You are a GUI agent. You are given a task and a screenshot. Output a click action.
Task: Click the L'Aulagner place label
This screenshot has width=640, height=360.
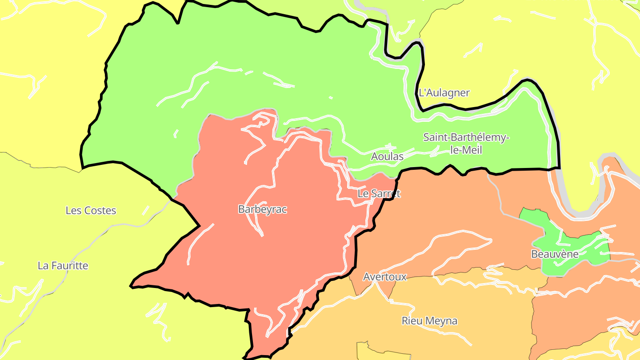tap(444, 93)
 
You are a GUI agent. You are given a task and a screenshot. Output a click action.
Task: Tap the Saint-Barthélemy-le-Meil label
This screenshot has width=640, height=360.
tap(466, 144)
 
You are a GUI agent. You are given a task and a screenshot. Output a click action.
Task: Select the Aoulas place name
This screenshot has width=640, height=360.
tap(387, 156)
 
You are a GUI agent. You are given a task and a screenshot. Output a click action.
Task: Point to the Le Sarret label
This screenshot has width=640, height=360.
tap(379, 194)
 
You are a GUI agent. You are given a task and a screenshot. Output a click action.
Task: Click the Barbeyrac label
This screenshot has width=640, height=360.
tap(262, 209)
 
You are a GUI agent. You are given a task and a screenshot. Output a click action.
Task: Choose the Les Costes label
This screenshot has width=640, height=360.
tap(91, 211)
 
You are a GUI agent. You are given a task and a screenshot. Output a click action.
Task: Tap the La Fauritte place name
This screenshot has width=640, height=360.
tap(63, 266)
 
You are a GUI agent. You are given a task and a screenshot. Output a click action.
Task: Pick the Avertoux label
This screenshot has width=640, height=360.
tap(384, 277)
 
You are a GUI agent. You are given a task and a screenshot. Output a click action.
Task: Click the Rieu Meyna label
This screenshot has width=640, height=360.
tap(429, 321)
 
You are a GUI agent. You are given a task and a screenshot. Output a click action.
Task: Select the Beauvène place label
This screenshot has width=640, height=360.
tap(555, 254)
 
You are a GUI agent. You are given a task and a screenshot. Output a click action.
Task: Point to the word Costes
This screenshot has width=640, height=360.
tap(100, 211)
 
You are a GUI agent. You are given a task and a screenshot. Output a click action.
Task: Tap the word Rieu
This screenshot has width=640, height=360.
tap(412, 321)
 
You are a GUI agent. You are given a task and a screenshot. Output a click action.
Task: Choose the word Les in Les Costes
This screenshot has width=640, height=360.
tap(73, 211)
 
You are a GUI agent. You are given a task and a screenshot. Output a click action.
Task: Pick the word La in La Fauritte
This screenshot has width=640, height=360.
tap(43, 266)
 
